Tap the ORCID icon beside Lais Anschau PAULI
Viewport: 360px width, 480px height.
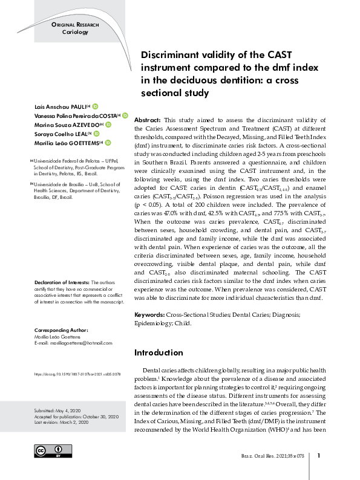coord(96,105)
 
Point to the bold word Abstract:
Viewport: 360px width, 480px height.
coord(147,120)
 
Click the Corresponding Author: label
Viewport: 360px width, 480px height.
coord(61,331)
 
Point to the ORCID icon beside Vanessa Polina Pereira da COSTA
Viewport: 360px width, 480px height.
coord(125,115)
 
